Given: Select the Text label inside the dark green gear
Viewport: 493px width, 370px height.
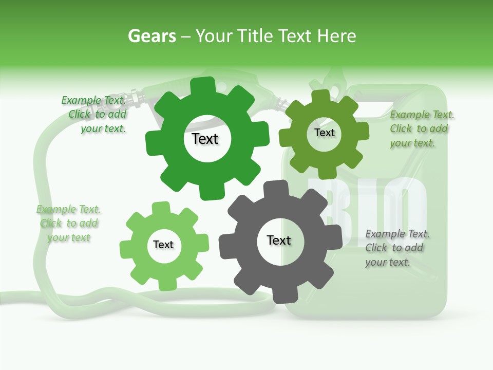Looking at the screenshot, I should click(x=205, y=139).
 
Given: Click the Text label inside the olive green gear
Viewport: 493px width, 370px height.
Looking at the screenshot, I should click(x=324, y=133).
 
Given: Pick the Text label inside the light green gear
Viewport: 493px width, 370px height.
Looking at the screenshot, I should click(x=163, y=245).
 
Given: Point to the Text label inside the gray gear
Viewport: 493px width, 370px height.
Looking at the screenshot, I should click(x=279, y=240).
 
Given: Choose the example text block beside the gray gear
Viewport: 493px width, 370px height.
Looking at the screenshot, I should click(x=397, y=248).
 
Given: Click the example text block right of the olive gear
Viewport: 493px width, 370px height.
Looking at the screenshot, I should click(x=421, y=129).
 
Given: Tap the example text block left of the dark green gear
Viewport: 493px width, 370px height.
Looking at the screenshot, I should click(x=94, y=115).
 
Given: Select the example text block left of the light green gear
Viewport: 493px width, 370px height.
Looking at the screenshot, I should click(x=69, y=224).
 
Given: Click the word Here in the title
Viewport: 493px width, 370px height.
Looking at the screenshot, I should click(x=336, y=36).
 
